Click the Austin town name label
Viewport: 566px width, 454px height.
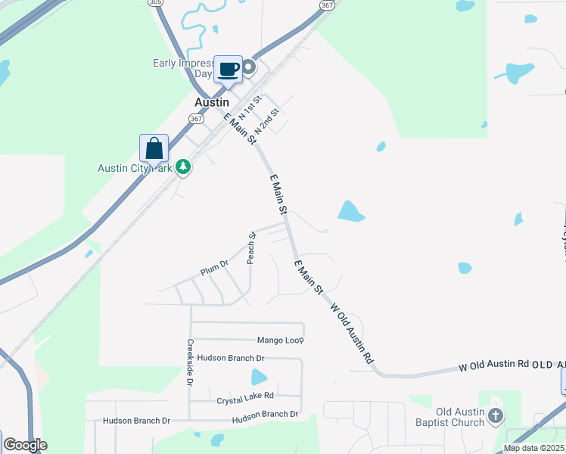pyautogui.click(x=212, y=102)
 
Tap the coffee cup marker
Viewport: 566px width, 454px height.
pyautogui.click(x=229, y=70)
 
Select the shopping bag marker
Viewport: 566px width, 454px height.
pyautogui.click(x=154, y=148)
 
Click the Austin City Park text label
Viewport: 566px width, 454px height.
pyautogui.click(x=135, y=168)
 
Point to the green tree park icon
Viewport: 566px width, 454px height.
pyautogui.click(x=182, y=166)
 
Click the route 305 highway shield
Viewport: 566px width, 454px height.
pyautogui.click(x=156, y=3)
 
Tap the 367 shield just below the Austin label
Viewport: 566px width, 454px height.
pyautogui.click(x=196, y=119)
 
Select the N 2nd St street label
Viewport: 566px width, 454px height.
pyautogui.click(x=267, y=121)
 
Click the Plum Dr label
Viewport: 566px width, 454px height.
pyautogui.click(x=214, y=266)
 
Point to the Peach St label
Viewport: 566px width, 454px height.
pyautogui.click(x=252, y=248)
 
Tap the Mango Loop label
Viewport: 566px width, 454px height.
pyautogui.click(x=280, y=340)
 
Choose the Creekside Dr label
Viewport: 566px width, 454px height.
pyautogui.click(x=191, y=362)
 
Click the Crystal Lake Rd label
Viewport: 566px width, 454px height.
pyautogui.click(x=245, y=396)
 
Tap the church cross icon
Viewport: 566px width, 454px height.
pyautogui.click(x=495, y=415)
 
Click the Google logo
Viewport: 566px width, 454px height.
pyautogui.click(x=24, y=445)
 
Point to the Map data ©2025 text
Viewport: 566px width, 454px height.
pyautogui.click(x=533, y=448)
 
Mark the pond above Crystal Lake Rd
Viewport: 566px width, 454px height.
pyautogui.click(x=259, y=377)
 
